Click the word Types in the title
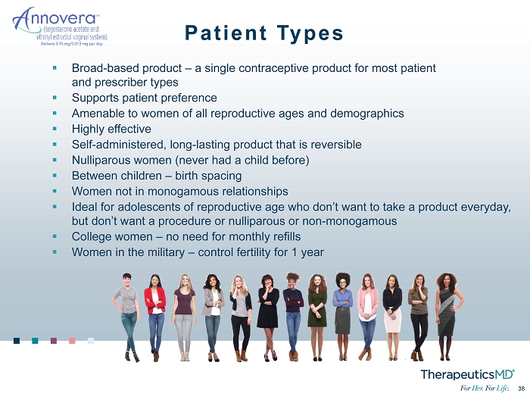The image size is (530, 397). pyautogui.click(x=310, y=33)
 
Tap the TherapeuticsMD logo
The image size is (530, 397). pyautogui.click(x=467, y=375)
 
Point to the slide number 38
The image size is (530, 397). pyautogui.click(x=521, y=389)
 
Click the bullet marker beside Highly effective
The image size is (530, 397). pyautogui.click(x=55, y=129)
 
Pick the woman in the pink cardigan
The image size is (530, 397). pyautogui.click(x=368, y=317)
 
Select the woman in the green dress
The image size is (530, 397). pyautogui.click(x=317, y=317)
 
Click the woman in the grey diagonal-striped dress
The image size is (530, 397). pyautogui.click(x=448, y=317)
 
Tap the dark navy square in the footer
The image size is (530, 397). pyautogui.click(x=17, y=340)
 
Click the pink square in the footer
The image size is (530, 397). pyautogui.click(x=72, y=340)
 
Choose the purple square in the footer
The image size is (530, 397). pyautogui.click(x=54, y=340)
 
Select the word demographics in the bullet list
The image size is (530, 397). pyautogui.click(x=366, y=114)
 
